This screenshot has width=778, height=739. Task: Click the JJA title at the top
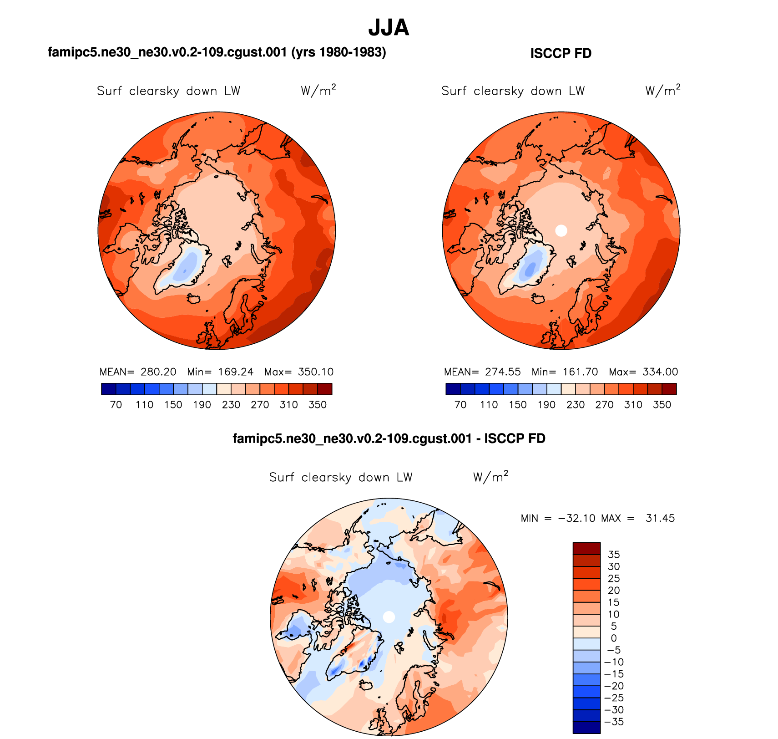click(389, 28)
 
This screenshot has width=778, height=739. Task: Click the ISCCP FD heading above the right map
click(561, 54)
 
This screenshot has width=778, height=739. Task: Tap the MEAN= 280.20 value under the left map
click(138, 372)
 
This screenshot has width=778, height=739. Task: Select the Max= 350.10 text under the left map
click(299, 372)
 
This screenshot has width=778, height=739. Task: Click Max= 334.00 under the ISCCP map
click(643, 372)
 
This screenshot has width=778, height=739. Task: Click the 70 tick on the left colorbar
click(116, 405)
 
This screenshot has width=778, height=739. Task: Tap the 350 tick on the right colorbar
click(662, 405)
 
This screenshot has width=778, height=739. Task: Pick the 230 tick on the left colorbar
click(231, 405)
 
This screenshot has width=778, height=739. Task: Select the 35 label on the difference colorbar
click(614, 555)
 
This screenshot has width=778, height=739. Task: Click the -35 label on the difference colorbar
click(614, 722)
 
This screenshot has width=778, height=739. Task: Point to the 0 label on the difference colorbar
click(614, 638)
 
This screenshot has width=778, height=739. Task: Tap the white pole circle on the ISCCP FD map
click(561, 230)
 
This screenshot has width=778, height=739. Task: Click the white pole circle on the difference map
click(389, 617)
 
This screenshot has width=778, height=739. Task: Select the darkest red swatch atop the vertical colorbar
click(586, 548)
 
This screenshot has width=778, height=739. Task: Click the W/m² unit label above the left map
click(318, 91)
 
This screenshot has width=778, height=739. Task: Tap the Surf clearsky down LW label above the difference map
click(341, 477)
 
